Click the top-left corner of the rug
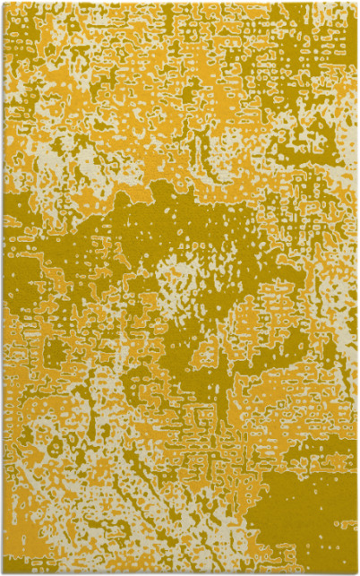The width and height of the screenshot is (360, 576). pos(3,3)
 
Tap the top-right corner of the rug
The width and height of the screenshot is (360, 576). pos(356,3)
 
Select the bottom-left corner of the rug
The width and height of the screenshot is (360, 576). pos(3,572)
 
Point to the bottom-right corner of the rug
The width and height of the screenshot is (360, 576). pos(356,572)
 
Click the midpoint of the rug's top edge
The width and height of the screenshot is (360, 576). pos(180,3)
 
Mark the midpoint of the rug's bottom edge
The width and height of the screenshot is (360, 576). pos(180,572)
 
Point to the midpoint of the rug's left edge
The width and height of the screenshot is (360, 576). pos(3,288)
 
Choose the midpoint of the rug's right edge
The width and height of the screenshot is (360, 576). pos(356,288)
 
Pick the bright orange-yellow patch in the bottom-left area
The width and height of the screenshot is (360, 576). pos(54,466)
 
